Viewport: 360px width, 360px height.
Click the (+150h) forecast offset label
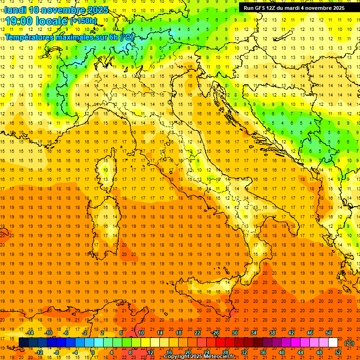pos(83,21)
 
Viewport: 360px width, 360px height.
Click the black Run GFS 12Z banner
pos(294,7)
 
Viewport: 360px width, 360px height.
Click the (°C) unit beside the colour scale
pos(350,343)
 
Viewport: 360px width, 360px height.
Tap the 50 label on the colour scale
pos(328,333)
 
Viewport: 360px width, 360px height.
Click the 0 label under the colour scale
pos(93,352)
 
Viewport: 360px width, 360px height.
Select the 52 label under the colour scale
pos(338,352)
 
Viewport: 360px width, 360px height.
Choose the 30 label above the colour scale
pos(234,333)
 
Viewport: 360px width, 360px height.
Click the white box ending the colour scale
pos(333,343)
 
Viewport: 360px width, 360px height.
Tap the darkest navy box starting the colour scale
pos(23,343)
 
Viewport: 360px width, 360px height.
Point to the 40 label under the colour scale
pos(282,352)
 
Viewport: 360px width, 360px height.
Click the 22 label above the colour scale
pos(197,333)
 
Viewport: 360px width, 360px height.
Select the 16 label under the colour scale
pos(169,352)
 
